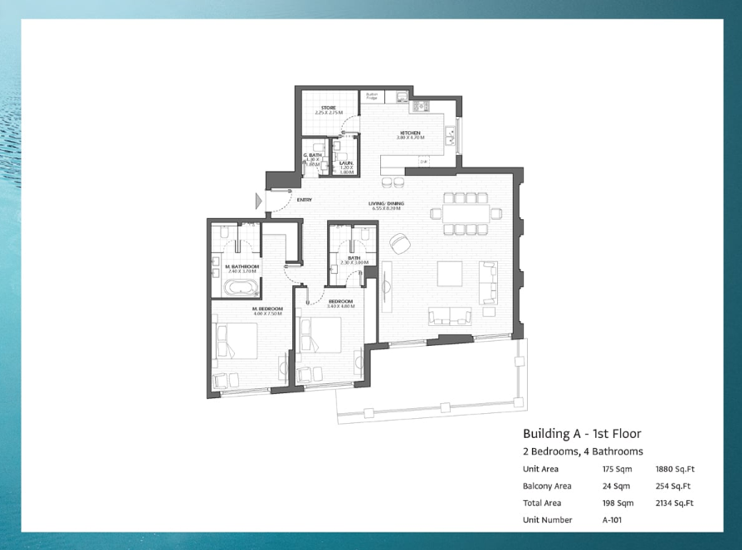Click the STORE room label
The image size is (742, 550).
pos(329,109)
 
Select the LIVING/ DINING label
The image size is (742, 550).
pos(387,202)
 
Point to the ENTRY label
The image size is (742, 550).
pos(304,199)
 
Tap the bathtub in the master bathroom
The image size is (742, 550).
pos(240,289)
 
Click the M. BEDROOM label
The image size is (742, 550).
pos(267,309)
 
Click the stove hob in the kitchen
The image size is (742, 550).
pos(420,105)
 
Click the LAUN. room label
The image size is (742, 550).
pos(346,163)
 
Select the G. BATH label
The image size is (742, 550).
pos(313,155)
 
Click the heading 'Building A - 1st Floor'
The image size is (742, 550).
pos(582,433)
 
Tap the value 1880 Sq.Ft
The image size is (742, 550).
pos(675,470)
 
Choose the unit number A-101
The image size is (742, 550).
pos(612,520)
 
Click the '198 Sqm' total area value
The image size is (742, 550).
pos(618,503)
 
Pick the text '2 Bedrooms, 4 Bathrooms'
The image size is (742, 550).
pos(583,451)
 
